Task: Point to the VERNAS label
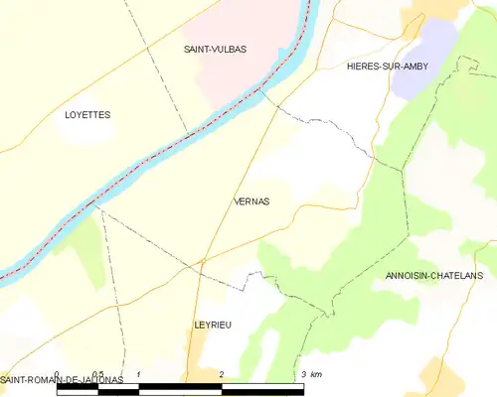click(x=250, y=200)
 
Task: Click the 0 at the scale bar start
click(x=58, y=374)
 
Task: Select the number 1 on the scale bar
click(x=138, y=374)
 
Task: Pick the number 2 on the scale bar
click(x=221, y=374)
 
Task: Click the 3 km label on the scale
click(x=309, y=374)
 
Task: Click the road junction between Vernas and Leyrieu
click(x=202, y=261)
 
